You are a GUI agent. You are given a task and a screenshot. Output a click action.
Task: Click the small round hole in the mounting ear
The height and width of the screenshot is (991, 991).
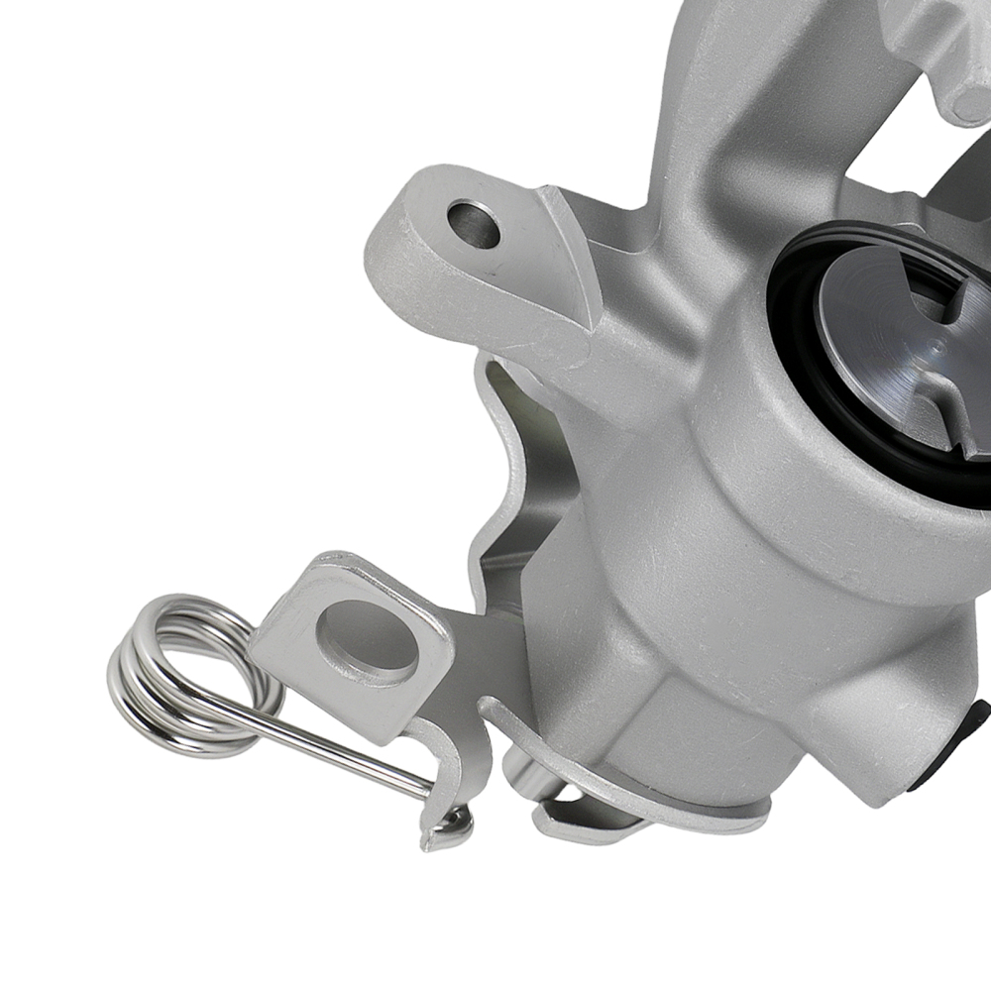click(x=474, y=224)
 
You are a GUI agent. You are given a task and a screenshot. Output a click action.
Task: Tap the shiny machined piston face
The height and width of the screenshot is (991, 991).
click(x=882, y=337)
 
